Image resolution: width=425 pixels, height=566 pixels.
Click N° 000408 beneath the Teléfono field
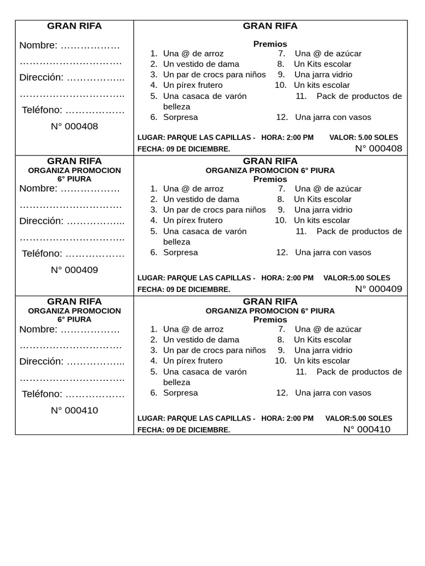pos(74,127)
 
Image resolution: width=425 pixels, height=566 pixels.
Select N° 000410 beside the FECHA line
pos(366,429)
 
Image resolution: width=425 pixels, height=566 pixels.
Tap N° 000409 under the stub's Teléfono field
pos(74,270)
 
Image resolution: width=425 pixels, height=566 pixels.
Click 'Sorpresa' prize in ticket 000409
pos(180,253)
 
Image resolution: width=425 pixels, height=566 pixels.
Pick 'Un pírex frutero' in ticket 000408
pos(193,85)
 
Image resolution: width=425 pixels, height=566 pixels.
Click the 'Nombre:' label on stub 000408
pos(38,45)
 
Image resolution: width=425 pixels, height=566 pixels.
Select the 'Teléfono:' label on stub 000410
pos(42,394)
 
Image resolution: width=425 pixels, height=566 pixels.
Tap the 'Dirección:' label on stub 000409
pos(42,221)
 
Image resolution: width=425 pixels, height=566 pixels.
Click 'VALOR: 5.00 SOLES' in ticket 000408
pos(363,138)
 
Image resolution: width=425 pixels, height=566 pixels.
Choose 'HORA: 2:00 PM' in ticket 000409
pos(287,278)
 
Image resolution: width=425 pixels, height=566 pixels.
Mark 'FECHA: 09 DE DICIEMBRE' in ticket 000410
pos(184,430)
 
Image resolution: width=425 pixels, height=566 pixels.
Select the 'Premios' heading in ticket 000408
pos(270,44)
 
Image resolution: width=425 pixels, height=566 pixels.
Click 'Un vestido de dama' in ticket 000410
pos(201,340)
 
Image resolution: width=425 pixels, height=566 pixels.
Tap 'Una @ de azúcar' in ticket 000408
pos(328,54)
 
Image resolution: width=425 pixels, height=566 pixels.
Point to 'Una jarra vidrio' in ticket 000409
pos(323,210)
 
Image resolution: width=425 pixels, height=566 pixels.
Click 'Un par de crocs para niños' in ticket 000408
pos(214,75)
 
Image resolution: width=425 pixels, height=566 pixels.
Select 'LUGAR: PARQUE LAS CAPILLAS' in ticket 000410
pos(196,418)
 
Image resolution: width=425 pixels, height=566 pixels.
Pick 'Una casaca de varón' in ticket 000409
pos(205,232)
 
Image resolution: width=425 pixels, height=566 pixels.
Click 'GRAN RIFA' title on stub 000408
pos(74,26)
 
